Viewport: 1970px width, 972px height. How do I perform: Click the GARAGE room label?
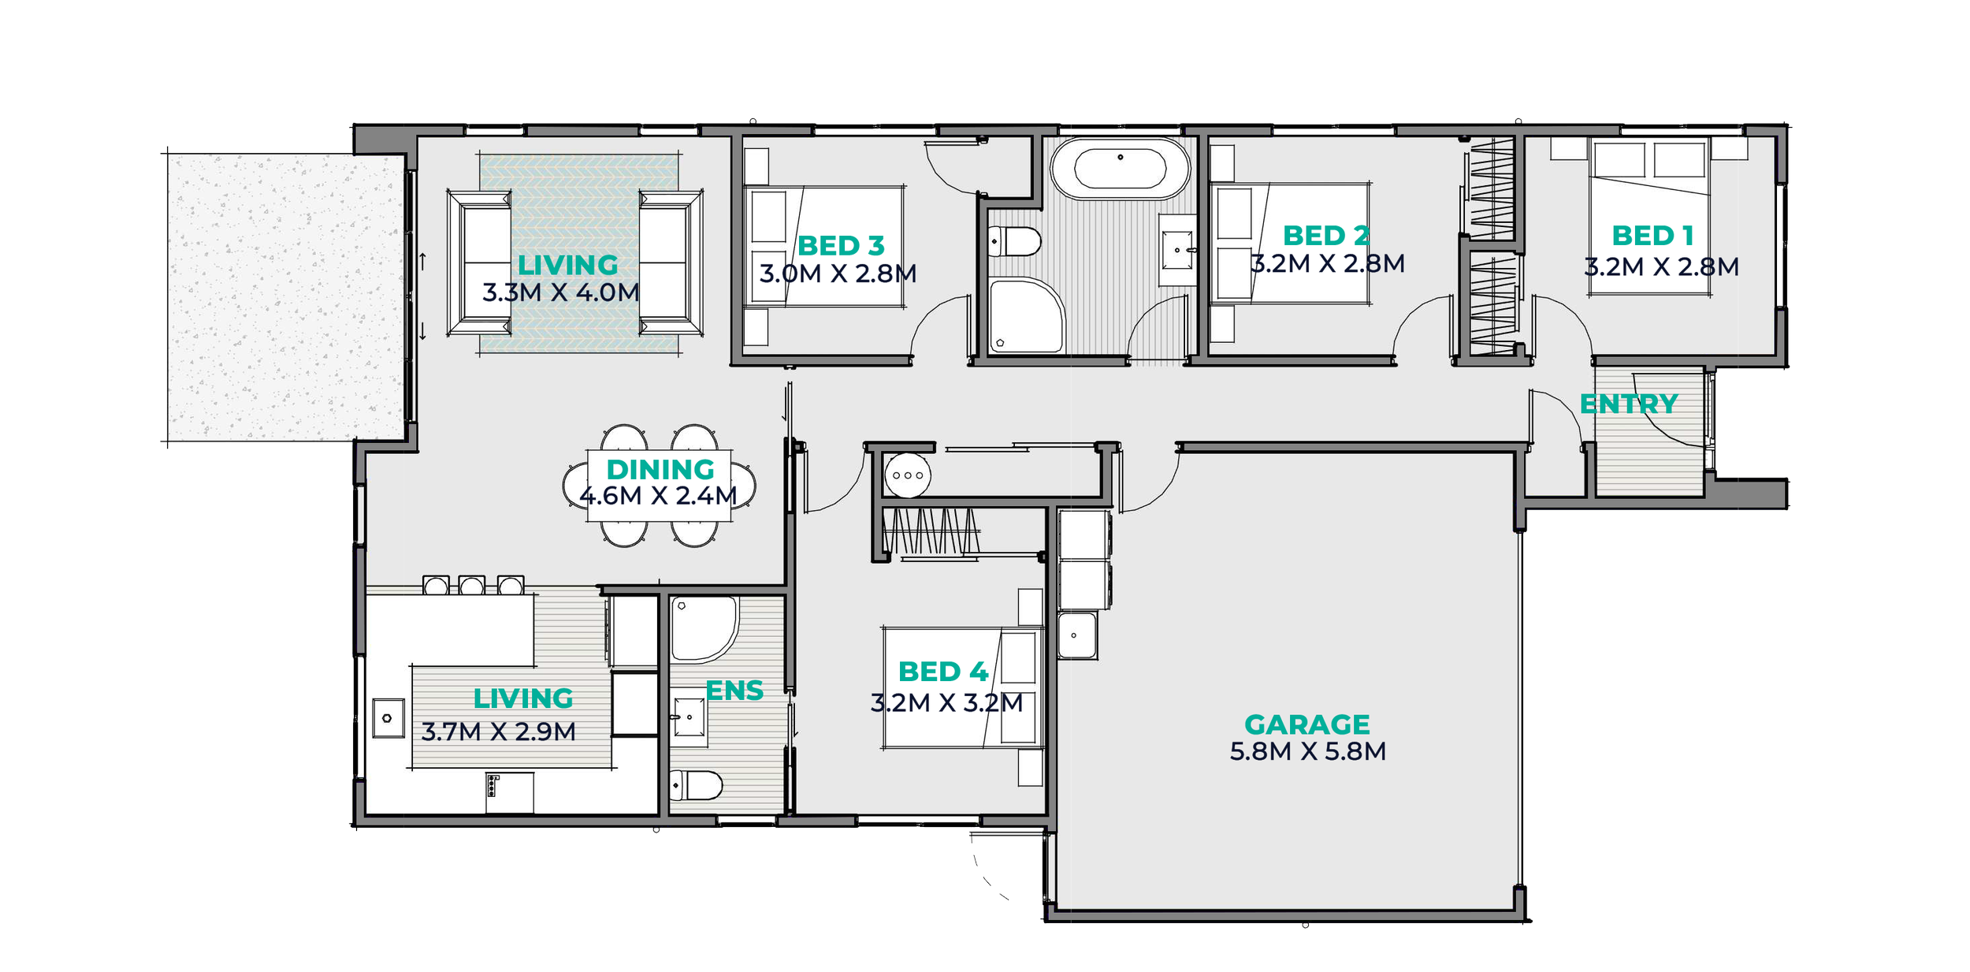pos(1307,724)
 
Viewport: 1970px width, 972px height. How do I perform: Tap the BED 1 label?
pos(1652,235)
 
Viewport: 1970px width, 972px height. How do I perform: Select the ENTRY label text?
pos(1629,404)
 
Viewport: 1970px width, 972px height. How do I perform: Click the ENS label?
pos(734,691)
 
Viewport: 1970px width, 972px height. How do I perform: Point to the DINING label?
pos(660,469)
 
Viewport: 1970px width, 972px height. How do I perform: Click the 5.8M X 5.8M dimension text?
pos(1307,751)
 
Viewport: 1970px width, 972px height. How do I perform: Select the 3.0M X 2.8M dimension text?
pos(838,274)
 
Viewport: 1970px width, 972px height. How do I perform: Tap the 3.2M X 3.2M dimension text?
pos(946,702)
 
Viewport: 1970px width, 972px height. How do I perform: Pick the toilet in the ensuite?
pos(696,785)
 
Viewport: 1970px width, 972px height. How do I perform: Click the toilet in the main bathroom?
pos(1015,241)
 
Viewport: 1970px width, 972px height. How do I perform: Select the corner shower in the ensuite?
pos(704,629)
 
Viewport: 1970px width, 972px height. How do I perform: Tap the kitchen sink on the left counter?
pos(388,718)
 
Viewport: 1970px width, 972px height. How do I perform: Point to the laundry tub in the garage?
pos(1077,635)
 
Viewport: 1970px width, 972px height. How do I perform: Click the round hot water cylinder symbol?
pos(908,475)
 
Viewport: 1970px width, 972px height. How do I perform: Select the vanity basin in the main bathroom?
pos(1177,250)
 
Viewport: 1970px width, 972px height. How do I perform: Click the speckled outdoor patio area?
pos(286,297)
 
